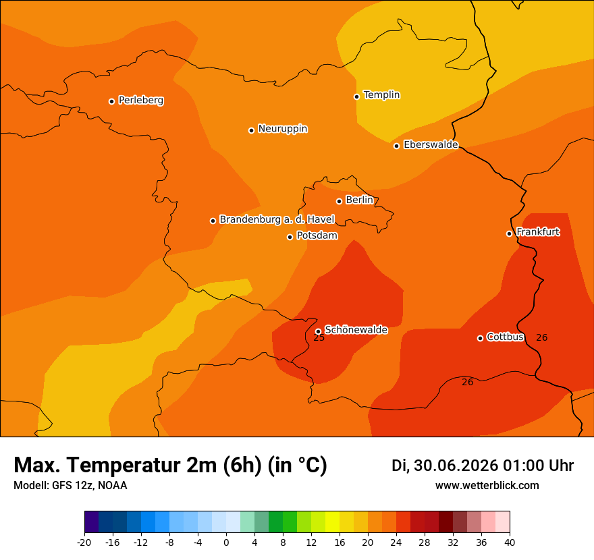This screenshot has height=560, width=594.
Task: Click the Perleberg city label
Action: [x=141, y=101]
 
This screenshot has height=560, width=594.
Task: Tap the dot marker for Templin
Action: [x=356, y=96]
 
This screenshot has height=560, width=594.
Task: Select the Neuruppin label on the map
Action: [x=283, y=129]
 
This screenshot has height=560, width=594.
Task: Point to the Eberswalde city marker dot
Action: [x=396, y=146]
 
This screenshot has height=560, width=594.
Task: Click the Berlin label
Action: [x=360, y=200]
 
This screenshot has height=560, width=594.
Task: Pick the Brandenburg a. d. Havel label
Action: [x=277, y=219]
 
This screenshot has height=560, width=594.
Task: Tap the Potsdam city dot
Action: [x=290, y=237]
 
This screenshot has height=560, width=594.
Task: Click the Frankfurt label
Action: [x=538, y=231]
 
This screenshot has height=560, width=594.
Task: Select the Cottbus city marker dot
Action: [x=480, y=338]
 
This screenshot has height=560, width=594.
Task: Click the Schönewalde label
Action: [x=356, y=330]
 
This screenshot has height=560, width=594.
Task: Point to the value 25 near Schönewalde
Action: [x=319, y=338]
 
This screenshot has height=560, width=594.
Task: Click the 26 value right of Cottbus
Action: [x=542, y=337]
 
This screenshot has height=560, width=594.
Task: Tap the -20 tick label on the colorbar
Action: [x=84, y=542]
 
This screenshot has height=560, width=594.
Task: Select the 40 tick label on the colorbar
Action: [x=510, y=542]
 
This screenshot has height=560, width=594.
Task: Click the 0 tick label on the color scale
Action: [x=226, y=542]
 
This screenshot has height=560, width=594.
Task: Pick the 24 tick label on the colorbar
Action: [x=396, y=542]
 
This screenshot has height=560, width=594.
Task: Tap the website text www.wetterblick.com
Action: [x=487, y=485]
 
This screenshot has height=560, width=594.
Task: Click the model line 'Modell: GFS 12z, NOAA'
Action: [x=70, y=485]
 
